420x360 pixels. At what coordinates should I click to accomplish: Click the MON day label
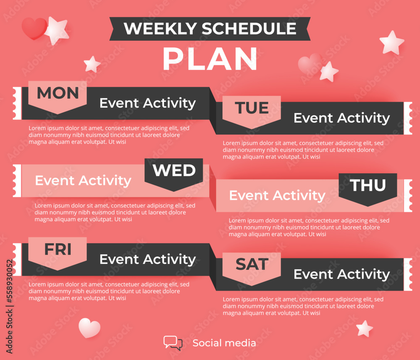click(x=58, y=93)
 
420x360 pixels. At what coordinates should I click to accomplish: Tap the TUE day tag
click(x=252, y=108)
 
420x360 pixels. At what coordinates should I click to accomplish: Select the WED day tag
click(x=174, y=171)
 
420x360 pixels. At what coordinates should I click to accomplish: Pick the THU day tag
click(x=368, y=185)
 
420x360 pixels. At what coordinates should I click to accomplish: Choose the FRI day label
click(x=58, y=250)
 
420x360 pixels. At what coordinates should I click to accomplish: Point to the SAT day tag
click(x=252, y=265)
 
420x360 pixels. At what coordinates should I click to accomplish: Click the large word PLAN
click(x=210, y=59)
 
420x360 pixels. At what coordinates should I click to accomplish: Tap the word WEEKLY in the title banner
click(x=160, y=29)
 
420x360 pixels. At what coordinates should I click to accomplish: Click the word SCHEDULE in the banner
click(x=249, y=29)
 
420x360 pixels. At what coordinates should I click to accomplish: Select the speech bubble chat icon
click(x=173, y=343)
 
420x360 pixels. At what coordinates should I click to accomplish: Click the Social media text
click(x=224, y=343)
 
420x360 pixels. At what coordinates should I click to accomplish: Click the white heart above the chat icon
click(x=89, y=328)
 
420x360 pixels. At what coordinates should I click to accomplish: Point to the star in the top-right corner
click(x=391, y=42)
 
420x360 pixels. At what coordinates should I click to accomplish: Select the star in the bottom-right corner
click(x=365, y=328)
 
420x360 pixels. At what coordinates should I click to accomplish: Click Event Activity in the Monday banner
click(x=147, y=103)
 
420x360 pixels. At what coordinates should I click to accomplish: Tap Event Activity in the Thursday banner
click(x=277, y=195)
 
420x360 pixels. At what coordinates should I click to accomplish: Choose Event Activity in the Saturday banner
click(x=341, y=274)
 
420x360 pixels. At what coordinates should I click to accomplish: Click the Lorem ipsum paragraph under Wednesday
click(x=115, y=212)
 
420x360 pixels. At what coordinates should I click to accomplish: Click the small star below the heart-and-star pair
click(x=92, y=64)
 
